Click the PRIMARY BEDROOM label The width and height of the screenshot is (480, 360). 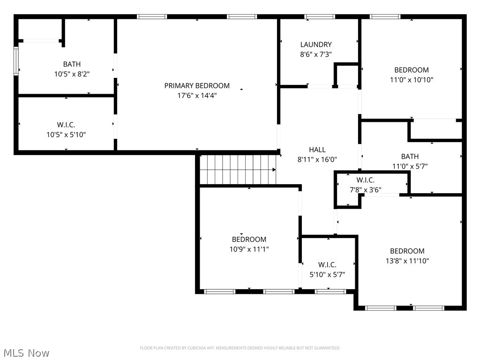click(x=197, y=86)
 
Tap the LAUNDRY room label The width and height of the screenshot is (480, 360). click(x=316, y=45)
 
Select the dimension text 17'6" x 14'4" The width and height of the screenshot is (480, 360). click(x=197, y=95)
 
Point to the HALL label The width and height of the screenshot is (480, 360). click(x=317, y=150)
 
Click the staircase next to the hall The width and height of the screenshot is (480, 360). click(x=237, y=170)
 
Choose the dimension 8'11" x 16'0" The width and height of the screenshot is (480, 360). click(x=317, y=159)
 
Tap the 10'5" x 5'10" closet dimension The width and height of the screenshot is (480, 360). click(x=66, y=135)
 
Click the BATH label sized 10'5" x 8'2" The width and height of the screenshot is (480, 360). click(x=72, y=64)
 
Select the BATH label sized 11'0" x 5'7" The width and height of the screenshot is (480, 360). click(x=410, y=157)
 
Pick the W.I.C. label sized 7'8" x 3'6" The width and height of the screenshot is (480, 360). click(x=366, y=180)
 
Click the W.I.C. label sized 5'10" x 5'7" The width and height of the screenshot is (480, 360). click(x=327, y=265)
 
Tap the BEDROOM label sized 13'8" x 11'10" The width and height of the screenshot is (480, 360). click(x=407, y=251)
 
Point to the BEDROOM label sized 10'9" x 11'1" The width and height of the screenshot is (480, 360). click(x=249, y=240)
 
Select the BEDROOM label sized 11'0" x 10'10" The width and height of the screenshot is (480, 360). click(x=412, y=70)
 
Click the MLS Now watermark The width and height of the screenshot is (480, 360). click(x=26, y=352)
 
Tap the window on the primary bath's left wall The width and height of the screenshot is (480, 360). click(x=16, y=61)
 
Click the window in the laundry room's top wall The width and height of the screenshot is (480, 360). click(x=319, y=17)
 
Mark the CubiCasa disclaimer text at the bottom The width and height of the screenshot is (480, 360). click(x=240, y=348)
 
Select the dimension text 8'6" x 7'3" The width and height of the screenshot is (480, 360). click(x=316, y=54)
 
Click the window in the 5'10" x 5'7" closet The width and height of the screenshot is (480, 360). click(x=330, y=292)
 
